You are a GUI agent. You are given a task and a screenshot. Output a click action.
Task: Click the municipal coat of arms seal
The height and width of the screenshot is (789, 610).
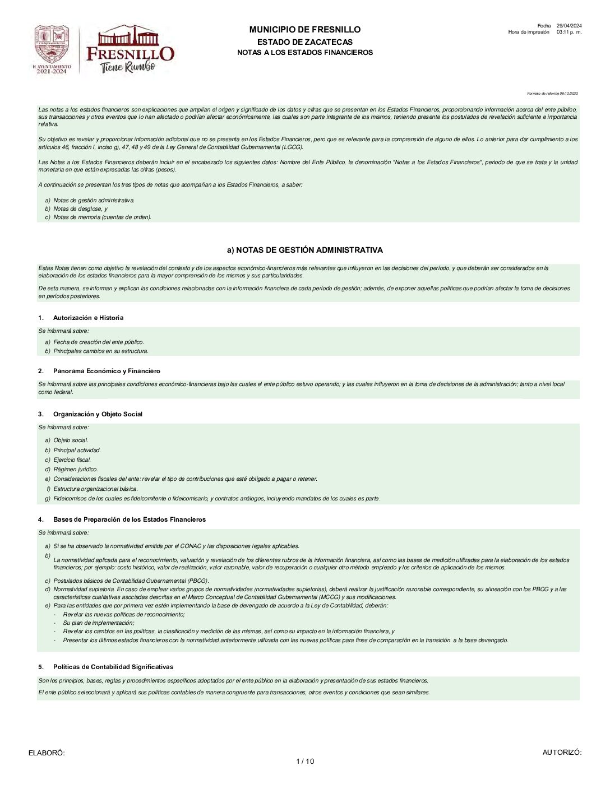tap(52, 49)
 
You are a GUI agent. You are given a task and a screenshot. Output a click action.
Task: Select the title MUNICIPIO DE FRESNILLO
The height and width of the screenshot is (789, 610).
tap(305, 30)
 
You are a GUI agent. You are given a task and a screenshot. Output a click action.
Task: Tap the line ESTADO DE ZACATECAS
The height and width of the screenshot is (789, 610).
tap(305, 42)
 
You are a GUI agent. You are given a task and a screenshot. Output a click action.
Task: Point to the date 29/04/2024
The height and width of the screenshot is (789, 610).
tap(569, 26)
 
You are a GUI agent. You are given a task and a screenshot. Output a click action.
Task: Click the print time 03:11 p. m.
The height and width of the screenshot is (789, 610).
tap(569, 32)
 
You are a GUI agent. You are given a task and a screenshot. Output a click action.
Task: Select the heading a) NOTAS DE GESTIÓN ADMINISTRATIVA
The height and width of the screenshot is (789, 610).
tap(305, 250)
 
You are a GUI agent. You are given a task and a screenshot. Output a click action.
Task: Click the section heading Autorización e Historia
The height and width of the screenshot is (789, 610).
tap(88, 318)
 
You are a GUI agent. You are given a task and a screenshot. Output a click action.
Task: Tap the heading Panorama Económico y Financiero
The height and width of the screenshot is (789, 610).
tap(107, 371)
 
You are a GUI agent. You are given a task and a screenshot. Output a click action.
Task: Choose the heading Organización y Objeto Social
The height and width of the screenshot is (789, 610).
tap(98, 414)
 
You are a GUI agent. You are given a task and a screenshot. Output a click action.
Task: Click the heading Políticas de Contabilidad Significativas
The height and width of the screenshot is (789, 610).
tap(113, 667)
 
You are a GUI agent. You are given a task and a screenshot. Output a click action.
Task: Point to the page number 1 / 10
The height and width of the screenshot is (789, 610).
tap(305, 761)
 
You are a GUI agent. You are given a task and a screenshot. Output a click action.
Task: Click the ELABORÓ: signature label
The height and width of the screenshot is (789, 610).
tap(47, 753)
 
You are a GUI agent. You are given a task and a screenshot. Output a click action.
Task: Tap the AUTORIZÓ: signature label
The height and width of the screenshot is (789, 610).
tap(562, 753)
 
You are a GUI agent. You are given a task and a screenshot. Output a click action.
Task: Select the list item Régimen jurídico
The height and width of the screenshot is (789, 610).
tap(75, 470)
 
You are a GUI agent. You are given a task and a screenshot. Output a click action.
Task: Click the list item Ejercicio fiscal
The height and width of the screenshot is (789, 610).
tap(72, 460)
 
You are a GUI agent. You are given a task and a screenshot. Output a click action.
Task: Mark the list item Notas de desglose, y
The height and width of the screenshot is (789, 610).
tap(80, 208)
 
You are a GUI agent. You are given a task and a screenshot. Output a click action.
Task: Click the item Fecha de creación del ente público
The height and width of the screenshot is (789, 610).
tap(98, 342)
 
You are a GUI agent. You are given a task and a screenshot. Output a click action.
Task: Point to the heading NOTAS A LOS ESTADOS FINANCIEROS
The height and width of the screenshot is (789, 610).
tap(305, 53)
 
